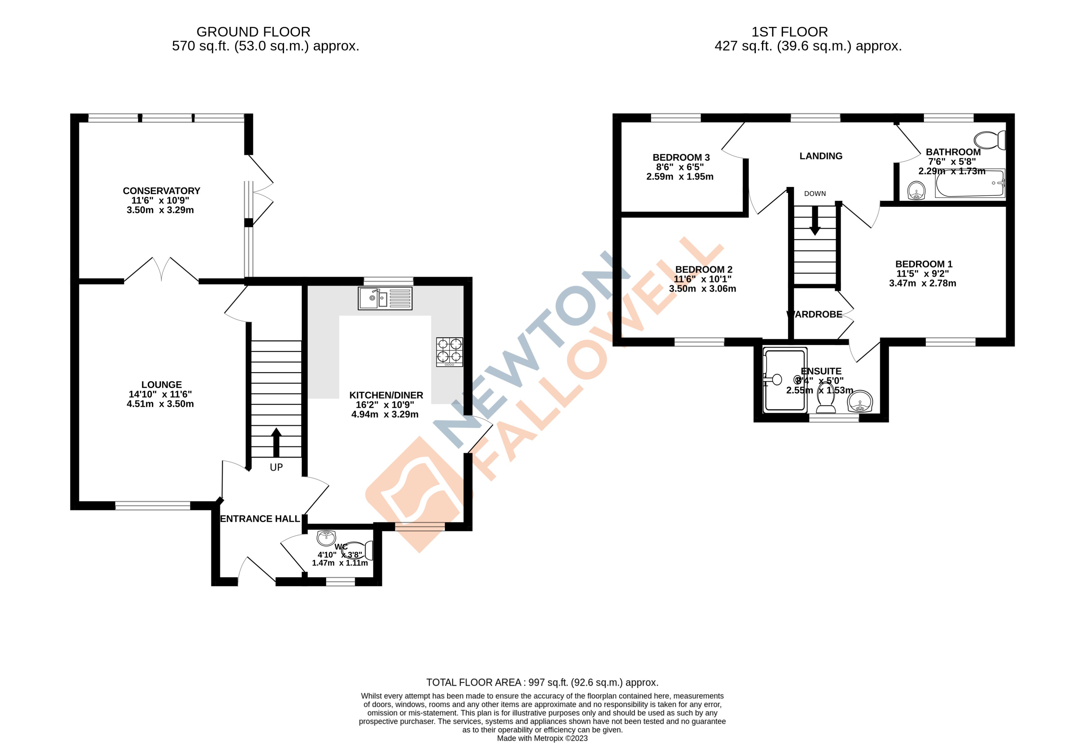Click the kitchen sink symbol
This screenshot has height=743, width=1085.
coord(385,298)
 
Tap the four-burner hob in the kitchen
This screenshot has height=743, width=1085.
coord(449,352)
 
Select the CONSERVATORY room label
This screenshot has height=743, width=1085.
coord(162,191)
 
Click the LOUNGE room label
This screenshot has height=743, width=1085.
coord(162,385)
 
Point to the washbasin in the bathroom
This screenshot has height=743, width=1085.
coord(916,190)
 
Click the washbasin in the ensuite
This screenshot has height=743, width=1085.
coord(860,402)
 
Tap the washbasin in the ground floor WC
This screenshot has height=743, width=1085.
coord(326,538)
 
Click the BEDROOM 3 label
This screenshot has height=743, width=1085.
coord(681,158)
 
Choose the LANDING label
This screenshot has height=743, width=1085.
coord(821,156)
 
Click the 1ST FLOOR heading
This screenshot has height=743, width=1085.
coord(790,32)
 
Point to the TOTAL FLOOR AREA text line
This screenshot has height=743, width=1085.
coord(542,682)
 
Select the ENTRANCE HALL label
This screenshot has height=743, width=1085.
coord(260,519)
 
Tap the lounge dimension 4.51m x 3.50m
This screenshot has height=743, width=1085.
coord(160,404)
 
